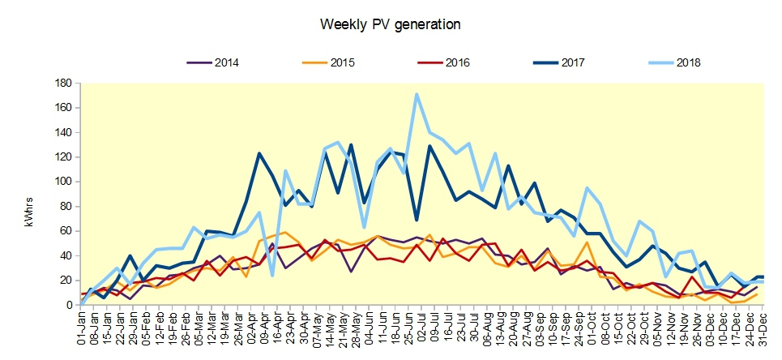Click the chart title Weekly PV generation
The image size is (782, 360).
[x=391, y=24]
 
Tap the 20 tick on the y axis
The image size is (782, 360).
[x=69, y=281]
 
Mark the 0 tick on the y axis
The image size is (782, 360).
[x=72, y=305]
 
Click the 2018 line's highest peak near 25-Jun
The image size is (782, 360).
[x=417, y=94]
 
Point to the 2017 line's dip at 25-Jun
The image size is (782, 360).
[x=417, y=220]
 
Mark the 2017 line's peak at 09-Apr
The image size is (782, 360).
[x=259, y=153]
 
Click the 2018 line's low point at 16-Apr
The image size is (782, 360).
[x=272, y=276]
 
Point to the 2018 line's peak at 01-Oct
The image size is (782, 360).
[x=587, y=188]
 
